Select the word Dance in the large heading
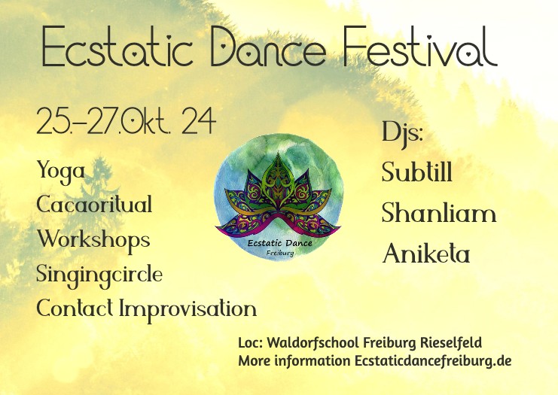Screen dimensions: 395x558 [x=267, y=50]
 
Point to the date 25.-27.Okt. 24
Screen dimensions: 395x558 [x=126, y=121]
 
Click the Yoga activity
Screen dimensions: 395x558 [x=61, y=172]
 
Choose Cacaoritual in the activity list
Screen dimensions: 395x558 [x=94, y=205]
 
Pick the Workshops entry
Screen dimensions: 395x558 [x=93, y=240]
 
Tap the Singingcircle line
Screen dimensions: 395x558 [x=99, y=275]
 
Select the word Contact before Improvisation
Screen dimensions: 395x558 [x=75, y=308]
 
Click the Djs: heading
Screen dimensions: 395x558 [x=402, y=134]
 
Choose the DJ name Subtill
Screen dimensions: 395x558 [x=417, y=173]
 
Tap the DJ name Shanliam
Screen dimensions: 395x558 [x=439, y=214]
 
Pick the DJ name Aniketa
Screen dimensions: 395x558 [x=426, y=254]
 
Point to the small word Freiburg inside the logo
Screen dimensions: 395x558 [x=280, y=253]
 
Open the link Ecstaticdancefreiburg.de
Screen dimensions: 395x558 [x=433, y=361]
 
